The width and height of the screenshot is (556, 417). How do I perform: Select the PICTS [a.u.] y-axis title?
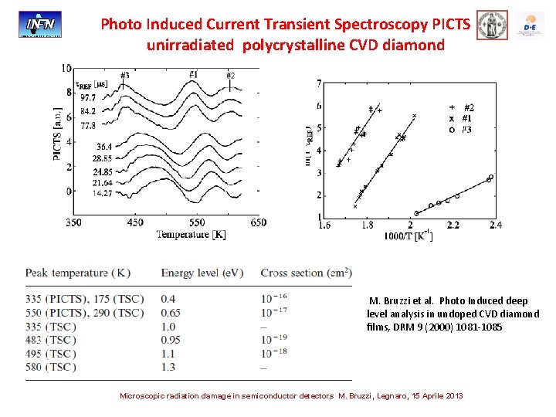(57, 136)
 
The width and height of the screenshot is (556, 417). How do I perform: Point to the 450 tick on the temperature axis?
(136, 222)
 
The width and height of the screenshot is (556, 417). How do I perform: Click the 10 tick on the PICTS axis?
(66, 69)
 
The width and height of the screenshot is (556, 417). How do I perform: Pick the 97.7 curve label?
(86, 98)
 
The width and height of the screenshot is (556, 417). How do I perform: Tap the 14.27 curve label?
(86, 193)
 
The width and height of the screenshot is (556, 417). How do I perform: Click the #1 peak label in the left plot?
(194, 74)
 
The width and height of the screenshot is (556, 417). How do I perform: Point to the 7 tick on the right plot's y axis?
(320, 83)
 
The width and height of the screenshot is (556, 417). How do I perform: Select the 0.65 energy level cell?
(171, 312)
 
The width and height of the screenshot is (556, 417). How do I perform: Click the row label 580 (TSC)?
(50, 367)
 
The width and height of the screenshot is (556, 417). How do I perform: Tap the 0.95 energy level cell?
(171, 339)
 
